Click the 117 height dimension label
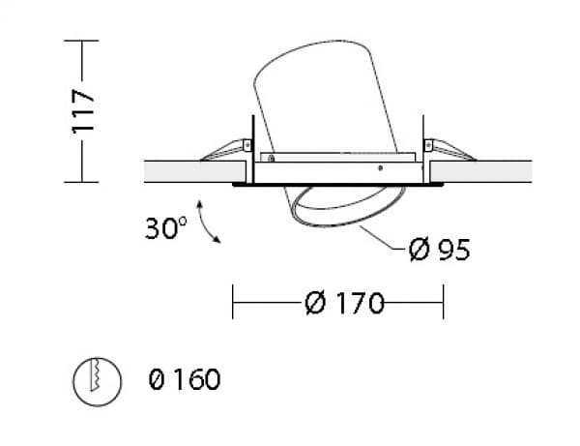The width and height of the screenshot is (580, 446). (x=83, y=111)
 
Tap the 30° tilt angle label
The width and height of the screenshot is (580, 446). (x=166, y=228)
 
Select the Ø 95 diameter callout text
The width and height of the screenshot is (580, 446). (x=440, y=250)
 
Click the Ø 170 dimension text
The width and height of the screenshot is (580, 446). (x=345, y=303)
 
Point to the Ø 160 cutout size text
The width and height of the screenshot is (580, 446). (x=185, y=379)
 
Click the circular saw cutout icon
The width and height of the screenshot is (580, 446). (x=97, y=381)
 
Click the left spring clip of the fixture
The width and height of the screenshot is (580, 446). (x=225, y=150)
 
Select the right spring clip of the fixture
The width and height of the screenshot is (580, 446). (x=449, y=150)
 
